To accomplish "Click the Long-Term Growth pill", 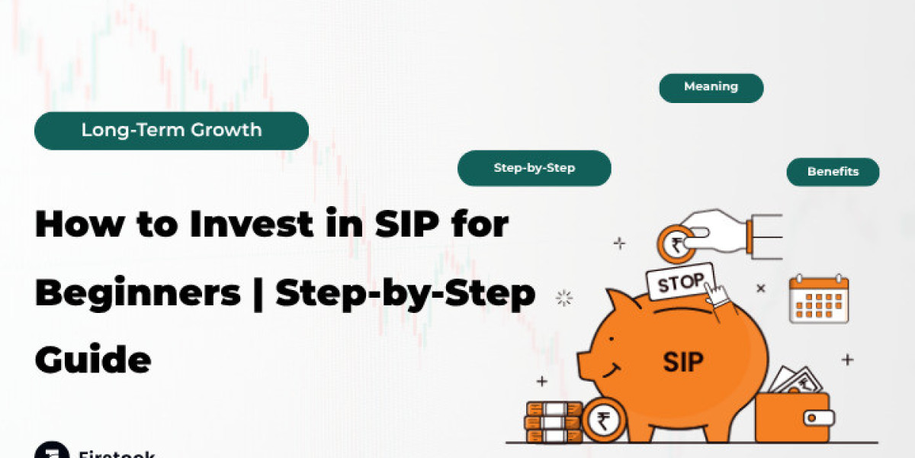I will point(171,130).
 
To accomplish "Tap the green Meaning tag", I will point(711,87).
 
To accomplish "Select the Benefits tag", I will point(833,172).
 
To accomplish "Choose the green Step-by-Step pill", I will point(534,168).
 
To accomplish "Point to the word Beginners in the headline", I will point(138,294).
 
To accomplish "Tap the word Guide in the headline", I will point(92,360).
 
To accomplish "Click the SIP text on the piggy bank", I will point(683,360).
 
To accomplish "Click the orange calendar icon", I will point(818,299).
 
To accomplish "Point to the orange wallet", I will point(793,416).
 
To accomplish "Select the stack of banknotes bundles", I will point(553,421).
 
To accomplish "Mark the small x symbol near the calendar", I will point(760,289).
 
